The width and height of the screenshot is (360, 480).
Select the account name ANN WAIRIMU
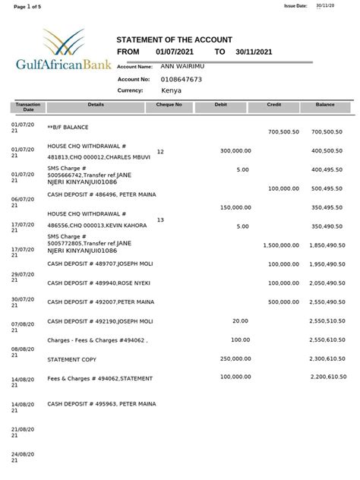click(x=183, y=67)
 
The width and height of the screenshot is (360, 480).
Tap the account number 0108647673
click(x=182, y=79)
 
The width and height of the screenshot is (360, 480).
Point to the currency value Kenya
click(x=172, y=90)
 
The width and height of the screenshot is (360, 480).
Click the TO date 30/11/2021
click(x=253, y=52)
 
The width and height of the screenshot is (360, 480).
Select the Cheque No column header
click(x=169, y=104)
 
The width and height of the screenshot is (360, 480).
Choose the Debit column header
click(x=221, y=104)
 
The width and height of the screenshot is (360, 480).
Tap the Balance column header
click(x=325, y=104)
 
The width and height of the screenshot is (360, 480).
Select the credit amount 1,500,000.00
click(x=281, y=245)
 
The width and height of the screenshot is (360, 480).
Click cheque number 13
click(x=160, y=219)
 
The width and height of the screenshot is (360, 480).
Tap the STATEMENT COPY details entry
click(x=71, y=358)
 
